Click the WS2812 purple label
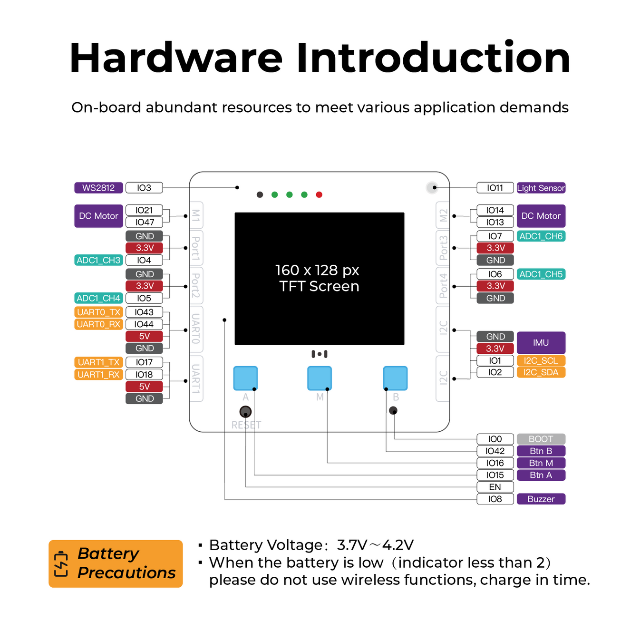click(98, 188)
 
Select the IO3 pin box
click(144, 188)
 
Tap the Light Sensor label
click(541, 188)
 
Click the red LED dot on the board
click(319, 194)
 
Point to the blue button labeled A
click(245, 378)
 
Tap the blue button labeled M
click(320, 378)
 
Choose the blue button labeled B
click(395, 378)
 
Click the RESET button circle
click(245, 411)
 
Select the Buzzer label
click(541, 499)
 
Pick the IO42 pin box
click(495, 451)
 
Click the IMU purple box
click(541, 342)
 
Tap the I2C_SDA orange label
click(541, 372)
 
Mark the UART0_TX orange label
click(98, 312)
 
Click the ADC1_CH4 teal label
click(98, 298)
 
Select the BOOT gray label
click(541, 439)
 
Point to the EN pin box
click(495, 487)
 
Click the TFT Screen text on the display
click(319, 286)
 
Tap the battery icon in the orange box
click(61, 563)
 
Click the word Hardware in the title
click(176, 58)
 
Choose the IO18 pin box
click(144, 374)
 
